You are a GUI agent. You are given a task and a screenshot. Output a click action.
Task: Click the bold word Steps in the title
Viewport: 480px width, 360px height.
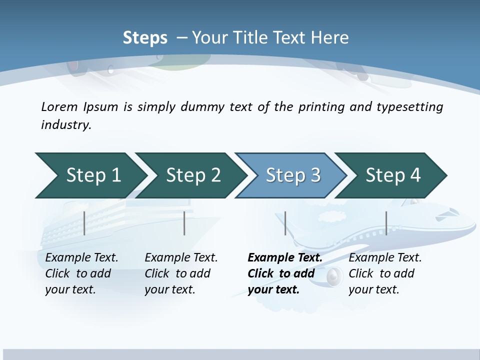[145, 38]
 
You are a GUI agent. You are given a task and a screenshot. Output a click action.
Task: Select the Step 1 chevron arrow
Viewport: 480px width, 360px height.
[90, 175]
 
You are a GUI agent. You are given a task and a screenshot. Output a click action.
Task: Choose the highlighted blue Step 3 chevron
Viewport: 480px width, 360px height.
[293, 175]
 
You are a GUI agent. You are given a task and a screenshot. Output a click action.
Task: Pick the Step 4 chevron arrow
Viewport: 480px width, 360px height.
[393, 175]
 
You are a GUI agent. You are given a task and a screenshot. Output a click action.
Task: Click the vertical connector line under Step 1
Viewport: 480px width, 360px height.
[84, 223]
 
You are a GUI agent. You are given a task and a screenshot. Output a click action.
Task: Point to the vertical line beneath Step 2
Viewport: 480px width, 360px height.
[184, 223]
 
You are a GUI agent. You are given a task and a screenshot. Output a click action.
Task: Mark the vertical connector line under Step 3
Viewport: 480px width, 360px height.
[285, 223]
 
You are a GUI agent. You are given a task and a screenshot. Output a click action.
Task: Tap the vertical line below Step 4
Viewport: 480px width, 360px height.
[386, 223]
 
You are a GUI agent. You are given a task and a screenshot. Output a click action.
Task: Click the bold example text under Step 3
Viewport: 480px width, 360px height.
[284, 273]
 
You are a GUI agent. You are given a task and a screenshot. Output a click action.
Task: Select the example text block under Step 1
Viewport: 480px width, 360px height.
[81, 273]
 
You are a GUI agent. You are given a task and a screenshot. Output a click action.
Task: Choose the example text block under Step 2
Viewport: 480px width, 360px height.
[181, 273]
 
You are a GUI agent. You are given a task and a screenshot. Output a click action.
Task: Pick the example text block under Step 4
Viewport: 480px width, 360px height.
[385, 273]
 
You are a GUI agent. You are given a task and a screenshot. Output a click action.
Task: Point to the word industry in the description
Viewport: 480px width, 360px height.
[65, 125]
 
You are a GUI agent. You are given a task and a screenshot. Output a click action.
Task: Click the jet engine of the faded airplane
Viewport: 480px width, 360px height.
[334, 275]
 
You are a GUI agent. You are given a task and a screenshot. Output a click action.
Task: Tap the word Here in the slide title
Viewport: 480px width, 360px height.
[329, 38]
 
